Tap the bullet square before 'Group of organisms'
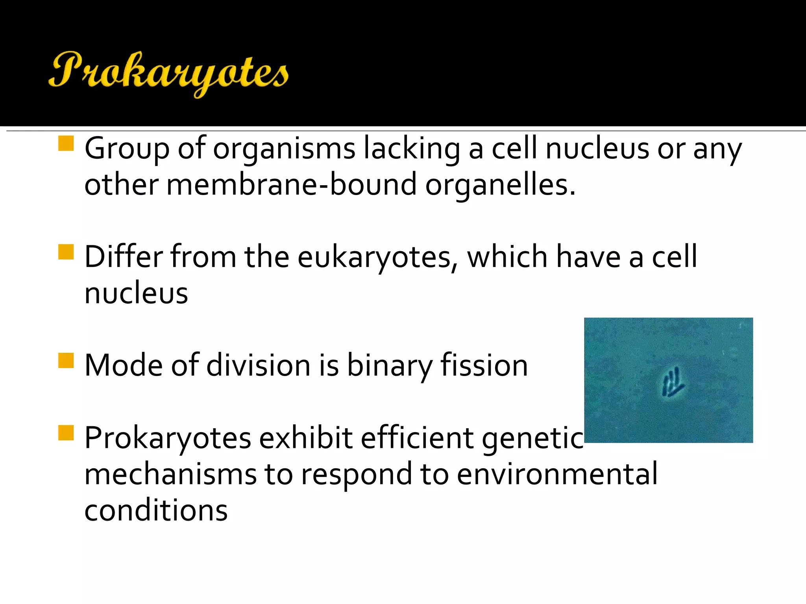tap(66, 144)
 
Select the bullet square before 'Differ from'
tap(66, 252)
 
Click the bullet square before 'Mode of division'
tap(66, 360)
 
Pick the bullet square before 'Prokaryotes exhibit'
tap(66, 433)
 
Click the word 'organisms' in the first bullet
tap(284, 149)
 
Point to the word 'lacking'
tap(412, 149)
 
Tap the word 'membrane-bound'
tap(291, 185)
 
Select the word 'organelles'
tap(497, 185)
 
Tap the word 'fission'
tap(484, 366)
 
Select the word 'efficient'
tap(417, 438)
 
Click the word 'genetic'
tap(532, 439)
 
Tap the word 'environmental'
tap(557, 474)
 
